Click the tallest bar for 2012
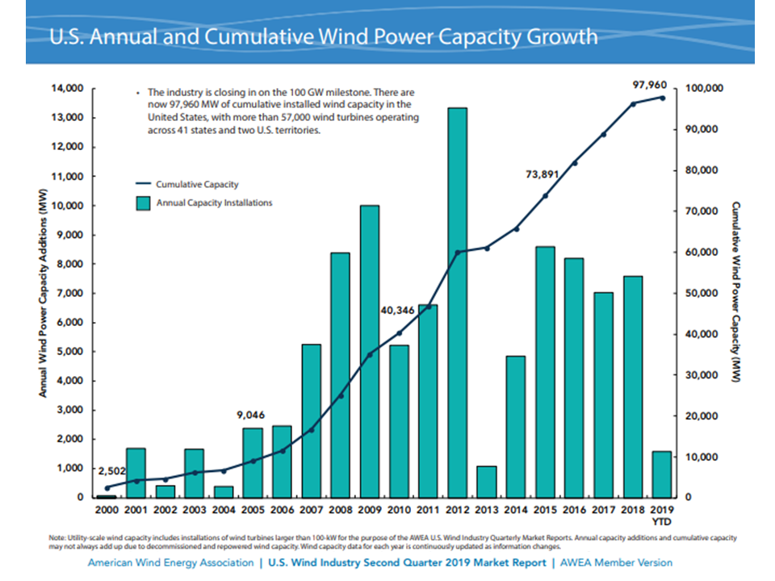[457, 303]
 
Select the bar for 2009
[370, 351]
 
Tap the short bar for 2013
[486, 482]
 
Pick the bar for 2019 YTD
[661, 474]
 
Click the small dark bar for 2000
[107, 496]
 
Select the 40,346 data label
[397, 309]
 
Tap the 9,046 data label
[251, 415]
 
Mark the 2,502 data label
[111, 470]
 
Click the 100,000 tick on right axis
[703, 88]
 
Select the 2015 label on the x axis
[544, 512]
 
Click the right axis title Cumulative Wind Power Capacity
[736, 292]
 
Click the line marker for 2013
[486, 248]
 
